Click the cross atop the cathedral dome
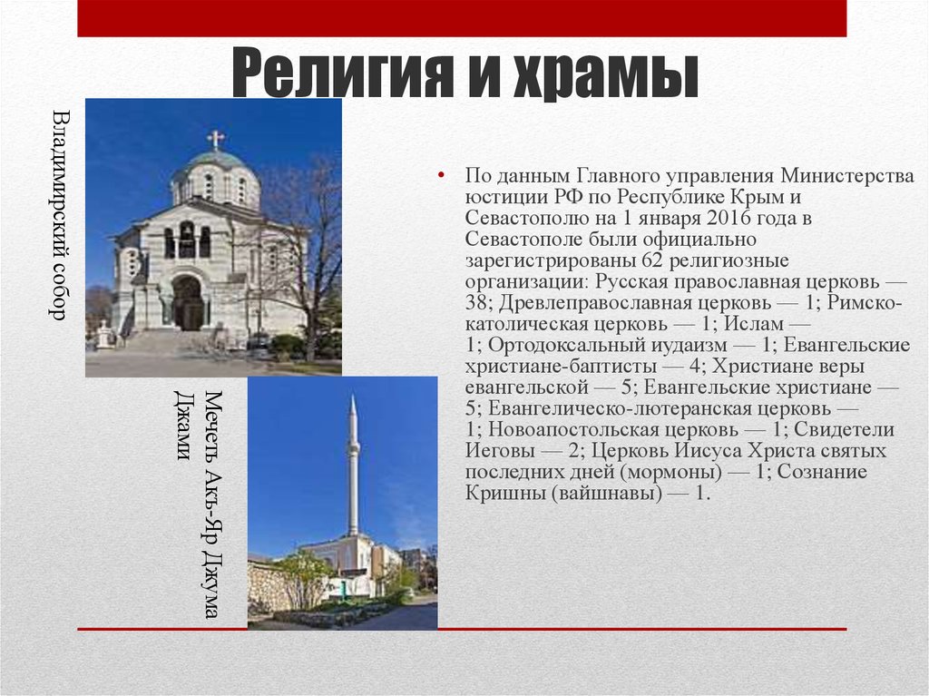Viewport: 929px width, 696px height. tap(215, 139)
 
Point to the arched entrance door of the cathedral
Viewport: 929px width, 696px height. tap(188, 304)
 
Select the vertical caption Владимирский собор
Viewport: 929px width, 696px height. tap(59, 215)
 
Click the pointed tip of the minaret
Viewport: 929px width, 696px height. tap(353, 399)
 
